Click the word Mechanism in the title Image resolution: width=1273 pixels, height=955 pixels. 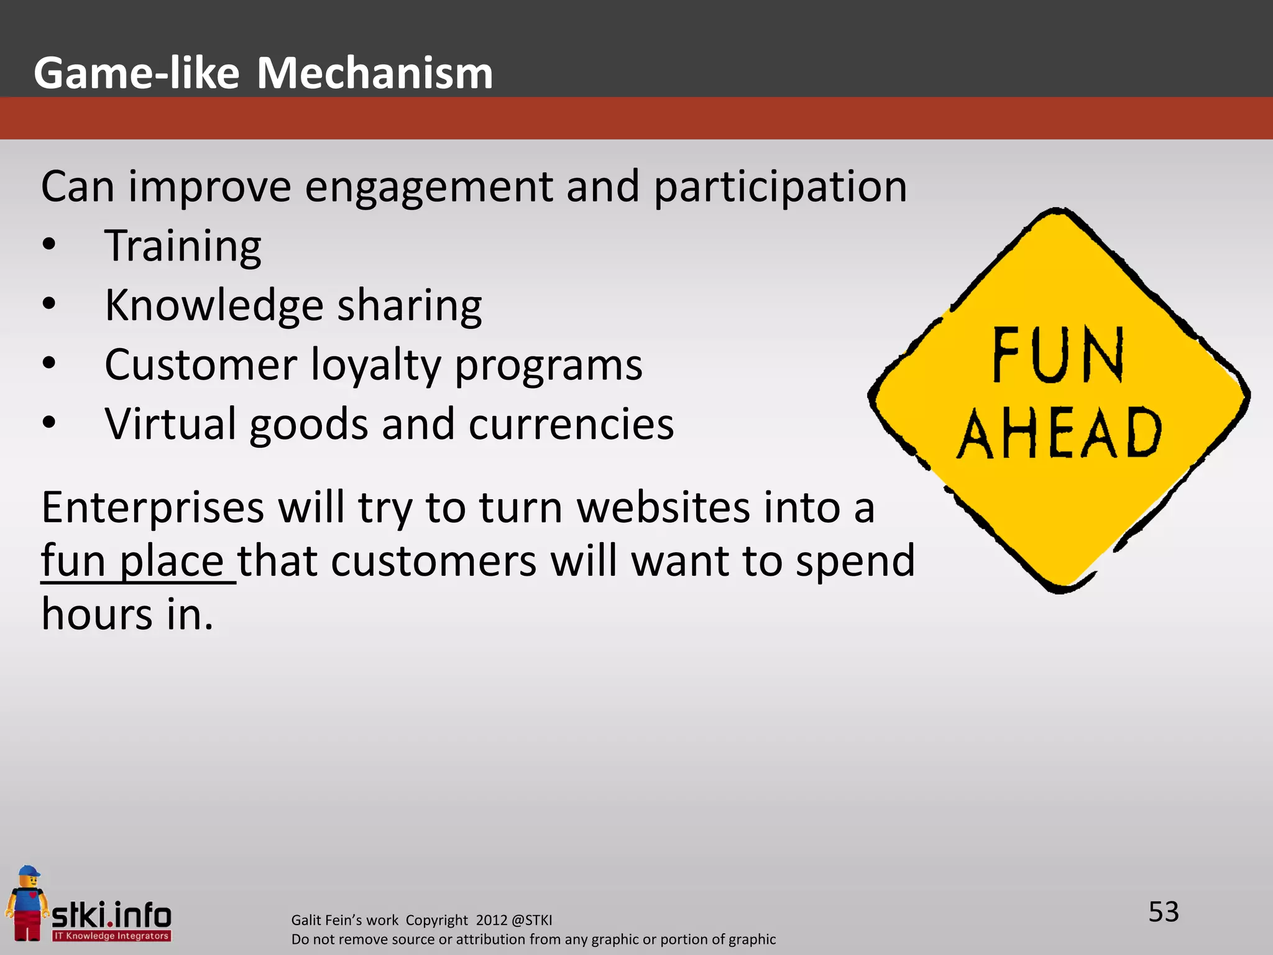(x=375, y=73)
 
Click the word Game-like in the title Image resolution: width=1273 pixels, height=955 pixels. (x=137, y=73)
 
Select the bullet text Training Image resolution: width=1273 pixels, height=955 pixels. (x=183, y=247)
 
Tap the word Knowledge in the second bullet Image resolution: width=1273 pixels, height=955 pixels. (x=214, y=306)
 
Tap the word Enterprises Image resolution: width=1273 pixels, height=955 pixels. (x=153, y=508)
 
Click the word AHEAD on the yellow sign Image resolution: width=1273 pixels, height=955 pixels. (x=1059, y=433)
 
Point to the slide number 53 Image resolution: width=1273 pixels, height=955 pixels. (x=1163, y=912)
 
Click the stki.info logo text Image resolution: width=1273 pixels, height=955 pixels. (x=112, y=915)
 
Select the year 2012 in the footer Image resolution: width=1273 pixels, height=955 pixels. (x=491, y=920)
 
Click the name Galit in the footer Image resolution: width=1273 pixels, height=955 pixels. (x=306, y=920)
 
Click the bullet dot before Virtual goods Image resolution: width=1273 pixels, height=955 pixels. (x=49, y=423)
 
